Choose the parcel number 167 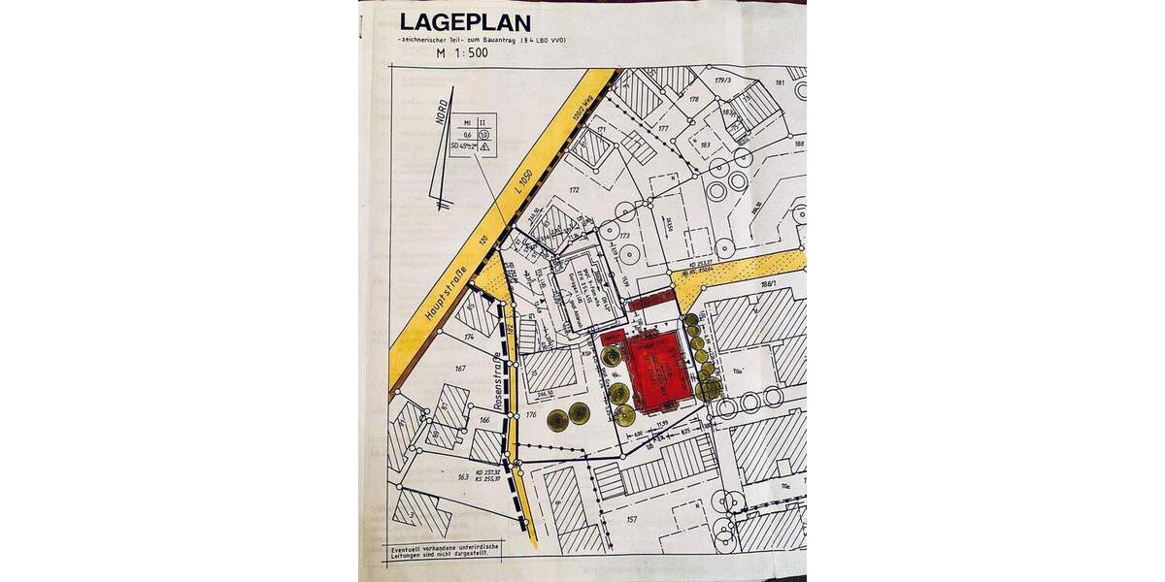[459, 368]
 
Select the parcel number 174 [469, 335]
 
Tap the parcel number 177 [663, 127]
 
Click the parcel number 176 [531, 415]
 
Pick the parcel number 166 [484, 420]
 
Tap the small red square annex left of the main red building [613, 337]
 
